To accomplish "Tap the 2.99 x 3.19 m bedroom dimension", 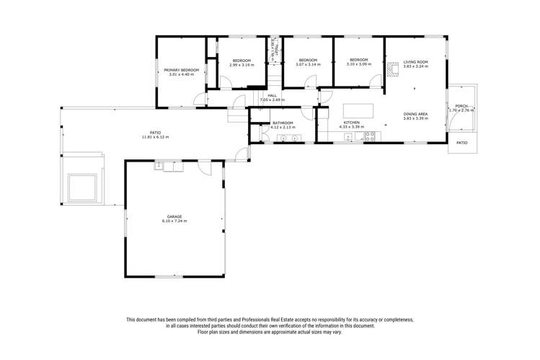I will (241, 65).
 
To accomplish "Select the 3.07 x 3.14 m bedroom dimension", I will (308, 65).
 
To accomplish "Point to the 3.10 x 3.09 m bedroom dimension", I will (359, 65).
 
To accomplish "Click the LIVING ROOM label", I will (415, 62).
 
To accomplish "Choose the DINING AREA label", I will (416, 114).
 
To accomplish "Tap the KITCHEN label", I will (351, 123).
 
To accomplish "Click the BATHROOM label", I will (281, 123).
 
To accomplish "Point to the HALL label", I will (272, 95).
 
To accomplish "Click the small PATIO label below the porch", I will (462, 143).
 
